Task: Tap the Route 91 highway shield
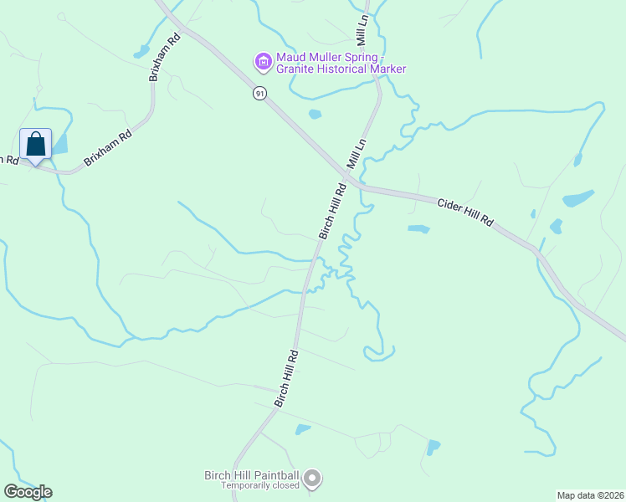260,94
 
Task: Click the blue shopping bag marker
36,144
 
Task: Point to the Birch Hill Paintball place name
252,475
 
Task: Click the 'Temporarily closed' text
259,485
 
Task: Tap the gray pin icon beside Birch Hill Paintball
312,479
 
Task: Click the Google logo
28,492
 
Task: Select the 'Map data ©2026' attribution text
589,494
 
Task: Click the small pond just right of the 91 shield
315,114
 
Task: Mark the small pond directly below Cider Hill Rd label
418,228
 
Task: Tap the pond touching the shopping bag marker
59,144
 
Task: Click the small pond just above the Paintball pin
302,429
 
